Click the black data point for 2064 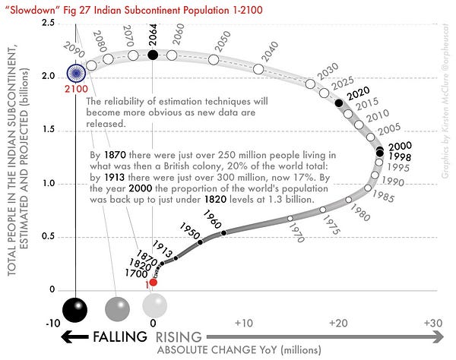(153, 55)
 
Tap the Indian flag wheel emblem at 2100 (74, 74)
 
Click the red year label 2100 (74, 90)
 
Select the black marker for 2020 (339, 102)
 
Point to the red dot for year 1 (153, 282)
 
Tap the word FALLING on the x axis (121, 336)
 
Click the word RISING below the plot (179, 336)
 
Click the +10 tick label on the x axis (243, 322)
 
